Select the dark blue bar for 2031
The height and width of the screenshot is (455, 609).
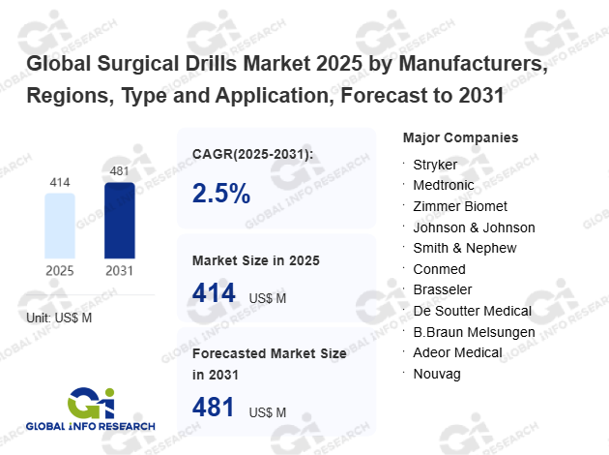[x=120, y=219]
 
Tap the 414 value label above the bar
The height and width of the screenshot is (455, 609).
[x=60, y=182]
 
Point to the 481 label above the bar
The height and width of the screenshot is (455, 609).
[x=120, y=171]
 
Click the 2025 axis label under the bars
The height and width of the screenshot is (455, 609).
[x=60, y=270]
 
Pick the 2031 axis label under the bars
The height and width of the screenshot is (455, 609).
[x=120, y=270]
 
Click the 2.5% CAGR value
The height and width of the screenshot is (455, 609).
[x=221, y=195]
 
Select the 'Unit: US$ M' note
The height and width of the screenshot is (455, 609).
[x=59, y=317]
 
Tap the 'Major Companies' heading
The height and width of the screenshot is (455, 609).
[x=460, y=137]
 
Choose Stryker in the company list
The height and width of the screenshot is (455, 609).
[x=435, y=165]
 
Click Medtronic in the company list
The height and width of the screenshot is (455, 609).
[x=443, y=185]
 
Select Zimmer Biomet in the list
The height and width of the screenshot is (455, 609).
[x=460, y=206]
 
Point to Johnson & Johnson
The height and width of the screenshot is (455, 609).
[x=474, y=227]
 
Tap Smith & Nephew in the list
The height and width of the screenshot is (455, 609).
[x=465, y=248]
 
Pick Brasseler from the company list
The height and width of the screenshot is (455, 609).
[x=442, y=289]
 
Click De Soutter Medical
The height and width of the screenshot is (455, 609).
[x=473, y=311]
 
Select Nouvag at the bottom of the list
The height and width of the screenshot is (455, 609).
[x=436, y=373]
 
